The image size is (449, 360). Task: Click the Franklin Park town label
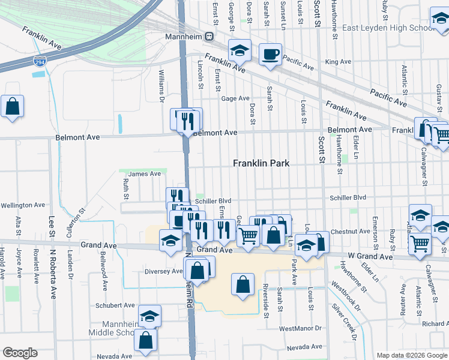261,163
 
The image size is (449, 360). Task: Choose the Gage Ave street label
235,98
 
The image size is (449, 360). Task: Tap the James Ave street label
145,174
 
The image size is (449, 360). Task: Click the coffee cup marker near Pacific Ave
270,55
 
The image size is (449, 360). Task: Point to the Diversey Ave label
163,271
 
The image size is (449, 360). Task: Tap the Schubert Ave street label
115,305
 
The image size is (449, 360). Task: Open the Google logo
20,353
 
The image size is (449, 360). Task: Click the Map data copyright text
411,355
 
